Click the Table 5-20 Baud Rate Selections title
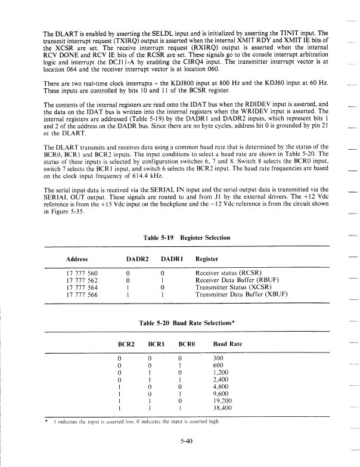coord(186,323)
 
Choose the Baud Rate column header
coord(227,345)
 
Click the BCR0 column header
coord(188,345)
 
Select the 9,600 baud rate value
coord(222,394)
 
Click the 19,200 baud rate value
coord(223,401)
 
